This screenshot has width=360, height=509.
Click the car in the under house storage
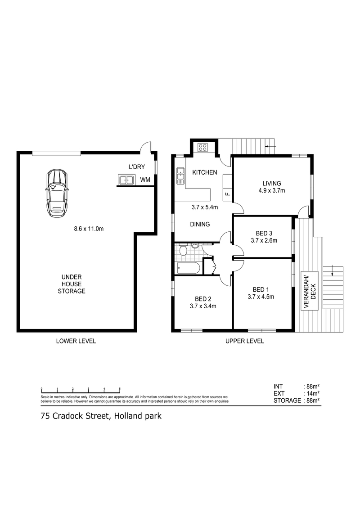[x=57, y=194]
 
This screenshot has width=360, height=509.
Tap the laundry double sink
[x=127, y=180]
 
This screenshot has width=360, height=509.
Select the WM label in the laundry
[x=145, y=180]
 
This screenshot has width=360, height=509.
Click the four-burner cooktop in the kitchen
[x=203, y=147]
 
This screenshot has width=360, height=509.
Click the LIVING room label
[x=272, y=184]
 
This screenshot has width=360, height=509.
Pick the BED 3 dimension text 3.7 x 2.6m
[x=264, y=240]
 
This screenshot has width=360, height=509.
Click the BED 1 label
[x=261, y=289]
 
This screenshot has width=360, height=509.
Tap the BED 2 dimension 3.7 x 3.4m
[x=203, y=306]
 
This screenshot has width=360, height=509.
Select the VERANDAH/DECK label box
[x=310, y=291]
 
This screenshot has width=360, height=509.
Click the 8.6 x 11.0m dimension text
[x=89, y=229]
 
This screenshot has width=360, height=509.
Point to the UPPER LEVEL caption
[x=244, y=341]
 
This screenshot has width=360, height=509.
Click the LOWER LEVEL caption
[x=76, y=341]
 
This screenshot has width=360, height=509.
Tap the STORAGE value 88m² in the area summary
[x=313, y=400]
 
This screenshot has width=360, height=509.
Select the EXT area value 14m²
[x=313, y=393]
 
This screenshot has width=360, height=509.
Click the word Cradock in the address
[x=68, y=416]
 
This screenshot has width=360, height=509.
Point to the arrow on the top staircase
[x=270, y=146]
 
